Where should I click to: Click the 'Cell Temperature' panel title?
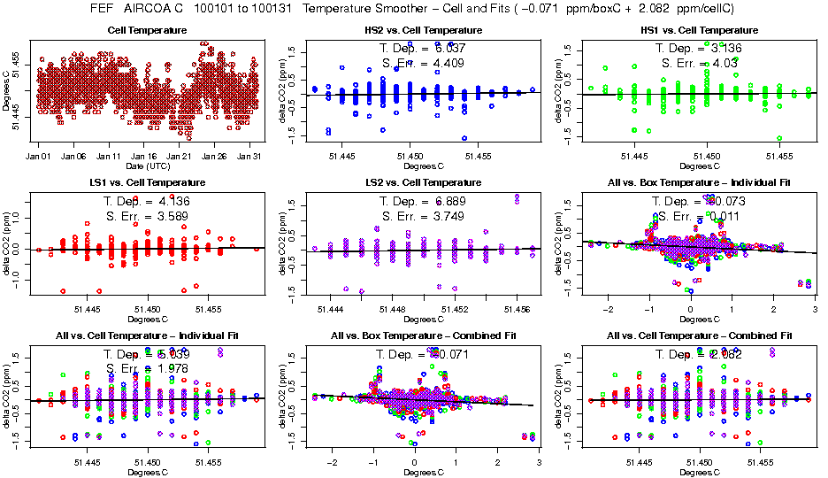[147, 30]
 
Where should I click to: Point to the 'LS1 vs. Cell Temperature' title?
[147, 182]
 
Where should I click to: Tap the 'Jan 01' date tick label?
[38, 156]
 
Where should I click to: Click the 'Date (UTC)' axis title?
[147, 166]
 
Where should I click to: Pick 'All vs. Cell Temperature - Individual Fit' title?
[147, 335]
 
